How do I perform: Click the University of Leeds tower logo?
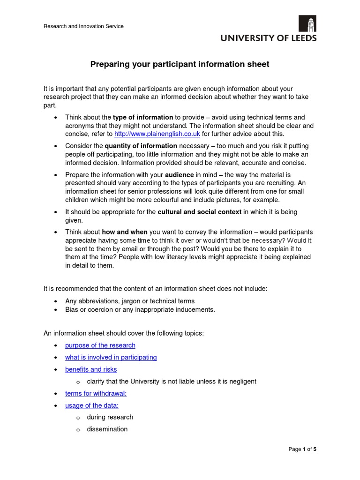[307, 23]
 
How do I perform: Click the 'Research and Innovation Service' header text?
[83, 26]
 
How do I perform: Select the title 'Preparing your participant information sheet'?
[180, 64]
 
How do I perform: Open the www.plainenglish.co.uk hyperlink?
[157, 134]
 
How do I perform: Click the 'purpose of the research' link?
[100, 345]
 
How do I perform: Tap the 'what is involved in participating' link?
[111, 357]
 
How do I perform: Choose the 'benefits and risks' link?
[91, 369]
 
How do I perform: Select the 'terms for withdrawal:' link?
[96, 393]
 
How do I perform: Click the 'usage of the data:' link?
[92, 405]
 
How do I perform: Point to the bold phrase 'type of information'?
[143, 117]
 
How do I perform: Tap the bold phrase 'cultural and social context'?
[200, 212]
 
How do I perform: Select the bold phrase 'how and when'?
[125, 232]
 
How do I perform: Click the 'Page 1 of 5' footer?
[302, 449]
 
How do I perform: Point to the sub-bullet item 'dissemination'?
[107, 429]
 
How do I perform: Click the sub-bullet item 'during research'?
[110, 417]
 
